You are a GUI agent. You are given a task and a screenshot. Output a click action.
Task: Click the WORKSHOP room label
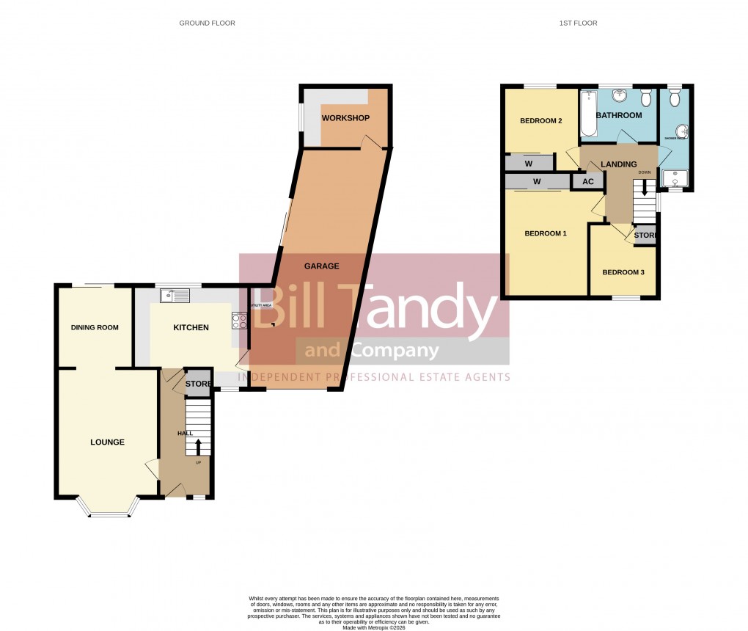coord(345,118)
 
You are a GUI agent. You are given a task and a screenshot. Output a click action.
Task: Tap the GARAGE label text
coord(322,266)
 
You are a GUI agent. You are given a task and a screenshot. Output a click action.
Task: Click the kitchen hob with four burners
coord(240,320)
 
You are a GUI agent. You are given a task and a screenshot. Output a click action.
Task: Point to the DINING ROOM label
coord(95,327)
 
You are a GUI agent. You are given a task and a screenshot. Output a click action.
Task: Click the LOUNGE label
coord(107,442)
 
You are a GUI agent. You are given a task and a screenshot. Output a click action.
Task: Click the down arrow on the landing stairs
coord(645,188)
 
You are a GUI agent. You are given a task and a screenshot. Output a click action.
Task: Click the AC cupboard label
coord(588,181)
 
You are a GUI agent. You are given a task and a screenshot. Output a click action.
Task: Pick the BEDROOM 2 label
coord(540,121)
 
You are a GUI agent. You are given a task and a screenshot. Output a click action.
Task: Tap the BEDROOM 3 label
coord(623,272)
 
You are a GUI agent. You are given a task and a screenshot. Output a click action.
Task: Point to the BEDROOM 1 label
coord(545,233)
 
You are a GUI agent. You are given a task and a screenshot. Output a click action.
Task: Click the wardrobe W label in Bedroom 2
coord(529,163)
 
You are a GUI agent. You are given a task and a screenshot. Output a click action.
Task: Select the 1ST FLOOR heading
coord(579,23)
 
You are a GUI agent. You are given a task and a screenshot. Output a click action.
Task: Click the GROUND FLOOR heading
coord(207,23)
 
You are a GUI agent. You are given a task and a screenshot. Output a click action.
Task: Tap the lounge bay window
coord(108,514)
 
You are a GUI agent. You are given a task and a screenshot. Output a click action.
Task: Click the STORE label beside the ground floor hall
coord(198,384)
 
